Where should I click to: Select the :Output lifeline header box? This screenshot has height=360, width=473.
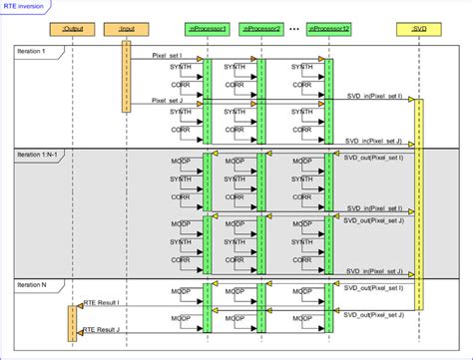coord(73,30)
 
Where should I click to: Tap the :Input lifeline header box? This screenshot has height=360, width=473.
coord(126,30)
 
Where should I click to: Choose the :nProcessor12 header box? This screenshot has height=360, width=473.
coord(330,30)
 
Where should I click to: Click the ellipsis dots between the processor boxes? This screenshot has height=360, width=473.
coord(295,28)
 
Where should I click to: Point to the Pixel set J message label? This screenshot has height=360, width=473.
coord(168,100)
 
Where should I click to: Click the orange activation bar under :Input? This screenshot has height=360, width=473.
coord(126,75)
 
